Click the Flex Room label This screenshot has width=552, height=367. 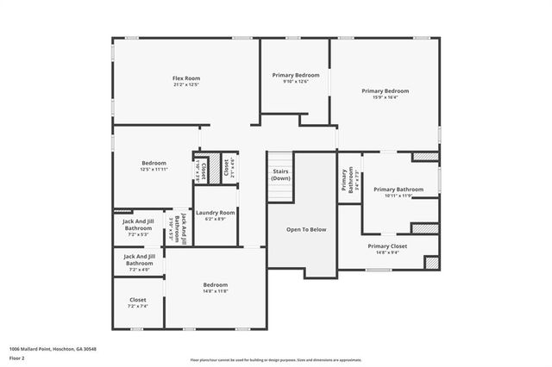[185, 78]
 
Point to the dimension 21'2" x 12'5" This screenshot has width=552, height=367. [185, 85]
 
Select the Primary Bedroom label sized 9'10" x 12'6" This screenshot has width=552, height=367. [296, 75]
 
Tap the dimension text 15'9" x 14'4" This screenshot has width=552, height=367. [385, 97]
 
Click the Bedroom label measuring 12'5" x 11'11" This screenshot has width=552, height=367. [154, 162]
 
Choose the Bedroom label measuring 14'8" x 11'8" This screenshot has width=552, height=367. [215, 284]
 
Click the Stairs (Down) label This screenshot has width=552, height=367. [280, 175]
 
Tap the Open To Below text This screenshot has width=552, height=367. [306, 230]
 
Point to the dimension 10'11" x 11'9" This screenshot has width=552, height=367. [398, 196]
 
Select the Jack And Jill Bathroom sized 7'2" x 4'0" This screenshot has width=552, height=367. [139, 259]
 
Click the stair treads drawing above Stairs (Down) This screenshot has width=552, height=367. [280, 160]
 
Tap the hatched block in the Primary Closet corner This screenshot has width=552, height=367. [432, 262]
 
